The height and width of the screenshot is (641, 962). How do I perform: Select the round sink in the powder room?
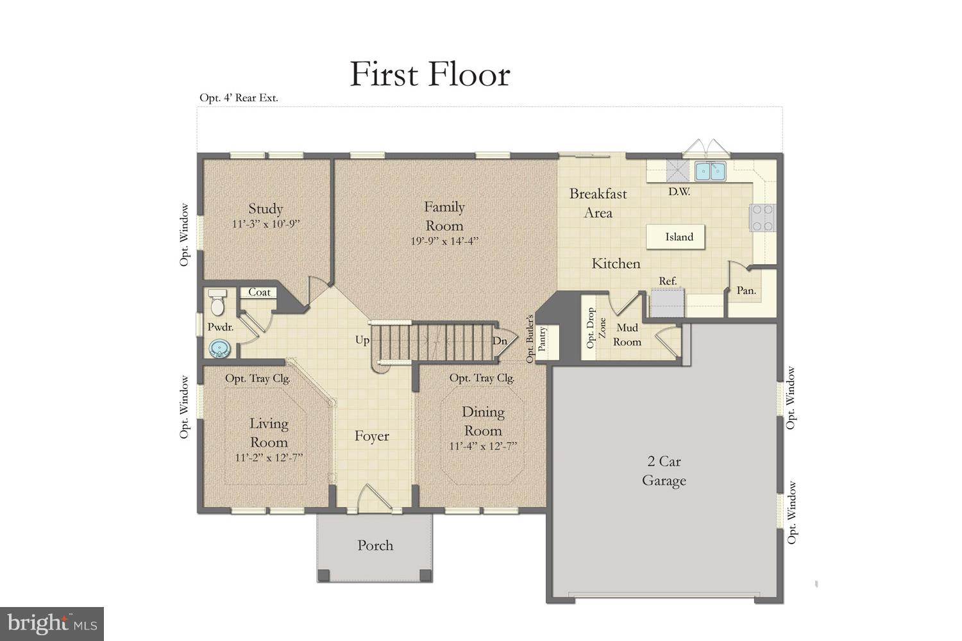click(x=220, y=348)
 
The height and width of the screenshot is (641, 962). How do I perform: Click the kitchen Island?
click(x=679, y=237)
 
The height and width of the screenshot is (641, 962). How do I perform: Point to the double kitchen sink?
click(x=710, y=171)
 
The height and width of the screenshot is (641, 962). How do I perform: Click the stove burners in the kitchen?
click(x=763, y=217)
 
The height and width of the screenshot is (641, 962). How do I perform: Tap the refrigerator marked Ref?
click(x=668, y=301)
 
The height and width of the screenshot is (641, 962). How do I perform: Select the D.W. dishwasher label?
click(x=679, y=191)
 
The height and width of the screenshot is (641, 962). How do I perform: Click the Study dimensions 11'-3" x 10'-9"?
click(x=266, y=224)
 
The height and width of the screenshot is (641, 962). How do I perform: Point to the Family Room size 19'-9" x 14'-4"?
click(x=444, y=242)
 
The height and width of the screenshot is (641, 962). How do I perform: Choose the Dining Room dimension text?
click(x=483, y=446)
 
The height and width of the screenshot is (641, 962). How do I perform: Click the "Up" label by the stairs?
click(x=362, y=340)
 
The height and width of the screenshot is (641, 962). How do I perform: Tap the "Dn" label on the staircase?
click(x=500, y=341)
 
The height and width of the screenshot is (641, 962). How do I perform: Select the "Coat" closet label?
click(x=259, y=292)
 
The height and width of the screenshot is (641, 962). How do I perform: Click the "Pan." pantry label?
click(x=746, y=290)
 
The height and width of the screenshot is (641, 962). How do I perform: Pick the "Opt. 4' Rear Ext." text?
click(x=239, y=98)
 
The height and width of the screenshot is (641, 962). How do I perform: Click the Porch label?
click(x=375, y=545)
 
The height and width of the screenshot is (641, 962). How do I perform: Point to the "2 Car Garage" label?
click(x=664, y=471)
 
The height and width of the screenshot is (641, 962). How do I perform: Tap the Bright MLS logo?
click(x=52, y=623)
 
